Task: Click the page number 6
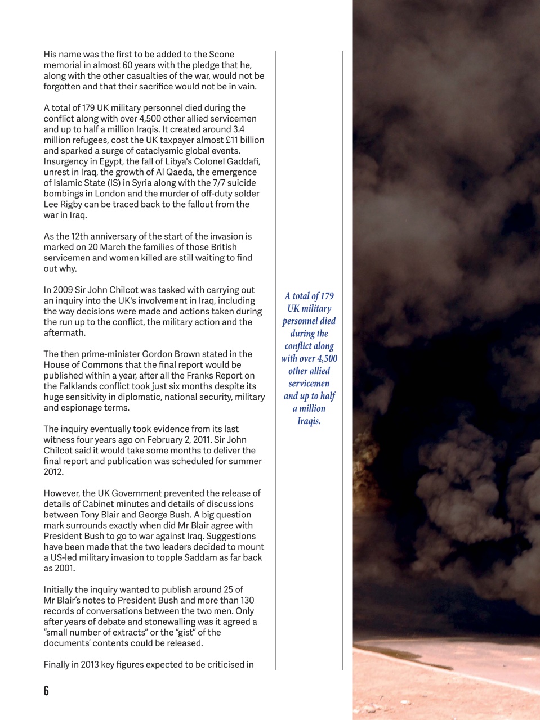(x=46, y=691)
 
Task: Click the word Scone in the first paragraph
(x=221, y=55)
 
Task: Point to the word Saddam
(x=204, y=557)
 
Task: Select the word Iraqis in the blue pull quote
(x=309, y=421)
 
